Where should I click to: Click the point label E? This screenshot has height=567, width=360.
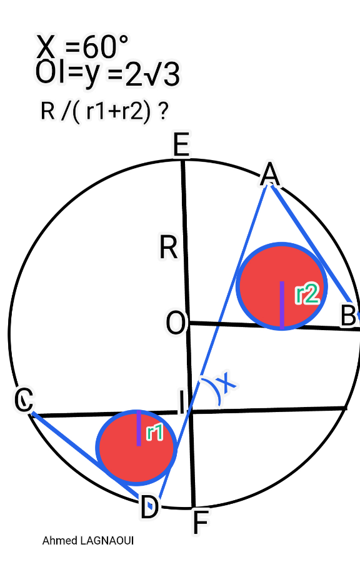click(x=181, y=144)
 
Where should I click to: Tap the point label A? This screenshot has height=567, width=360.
click(x=270, y=174)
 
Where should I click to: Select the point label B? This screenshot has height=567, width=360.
click(x=348, y=315)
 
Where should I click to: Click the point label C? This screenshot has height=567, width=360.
click(x=24, y=399)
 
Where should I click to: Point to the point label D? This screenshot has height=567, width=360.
click(x=149, y=508)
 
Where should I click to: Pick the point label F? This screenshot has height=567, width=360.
click(x=201, y=522)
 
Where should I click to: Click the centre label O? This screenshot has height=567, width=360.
click(x=176, y=323)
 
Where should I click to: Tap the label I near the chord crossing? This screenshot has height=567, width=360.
click(x=182, y=402)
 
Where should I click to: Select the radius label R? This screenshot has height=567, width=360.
click(x=168, y=248)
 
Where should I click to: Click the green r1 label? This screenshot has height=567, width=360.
click(x=155, y=433)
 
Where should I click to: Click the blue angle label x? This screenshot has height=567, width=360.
click(x=227, y=382)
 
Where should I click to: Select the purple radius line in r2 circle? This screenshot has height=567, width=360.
click(x=282, y=305)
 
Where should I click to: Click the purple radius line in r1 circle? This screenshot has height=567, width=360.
click(x=139, y=428)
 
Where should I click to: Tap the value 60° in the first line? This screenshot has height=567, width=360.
click(x=105, y=47)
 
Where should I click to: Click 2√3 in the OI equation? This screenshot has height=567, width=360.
click(x=152, y=75)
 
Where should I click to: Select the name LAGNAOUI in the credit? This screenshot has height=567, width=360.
click(x=107, y=541)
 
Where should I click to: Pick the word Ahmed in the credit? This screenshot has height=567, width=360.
click(x=60, y=541)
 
